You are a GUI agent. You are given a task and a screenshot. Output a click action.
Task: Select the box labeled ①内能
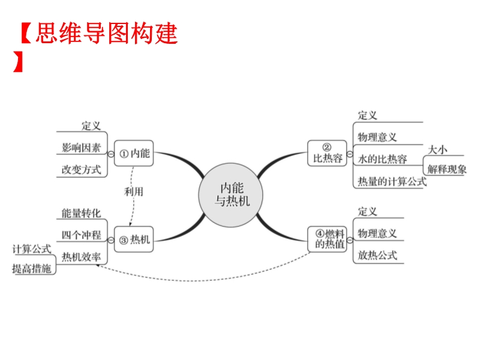134,153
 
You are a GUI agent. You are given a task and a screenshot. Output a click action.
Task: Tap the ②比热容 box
328,154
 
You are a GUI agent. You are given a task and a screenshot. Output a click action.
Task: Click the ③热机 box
134,239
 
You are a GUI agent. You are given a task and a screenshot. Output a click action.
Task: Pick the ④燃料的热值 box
328,239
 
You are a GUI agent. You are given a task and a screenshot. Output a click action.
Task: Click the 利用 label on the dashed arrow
134,192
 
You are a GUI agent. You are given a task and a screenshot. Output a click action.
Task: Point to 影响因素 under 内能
81,147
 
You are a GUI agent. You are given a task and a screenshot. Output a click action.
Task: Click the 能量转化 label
81,213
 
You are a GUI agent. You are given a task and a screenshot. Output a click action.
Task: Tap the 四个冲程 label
81,235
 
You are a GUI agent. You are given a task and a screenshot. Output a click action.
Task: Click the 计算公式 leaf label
32,248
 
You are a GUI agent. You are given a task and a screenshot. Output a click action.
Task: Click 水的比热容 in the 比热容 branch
382,159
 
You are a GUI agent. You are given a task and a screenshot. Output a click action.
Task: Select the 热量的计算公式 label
392,181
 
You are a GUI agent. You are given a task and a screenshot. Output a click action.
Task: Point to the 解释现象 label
448,169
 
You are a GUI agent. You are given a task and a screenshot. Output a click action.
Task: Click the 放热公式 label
377,254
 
